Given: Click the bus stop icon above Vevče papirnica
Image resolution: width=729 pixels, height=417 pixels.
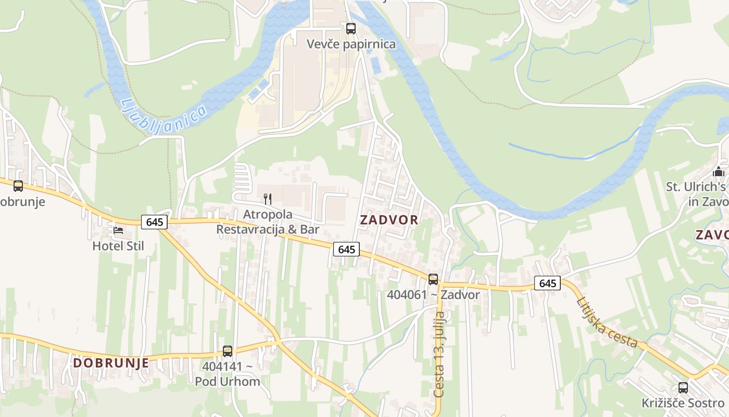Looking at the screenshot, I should [x=351, y=29].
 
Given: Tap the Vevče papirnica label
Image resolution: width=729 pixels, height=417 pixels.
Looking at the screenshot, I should [x=351, y=44].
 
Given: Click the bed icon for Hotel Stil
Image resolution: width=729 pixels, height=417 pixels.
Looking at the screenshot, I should [x=118, y=230].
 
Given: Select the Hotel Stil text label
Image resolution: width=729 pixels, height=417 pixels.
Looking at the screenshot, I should [x=118, y=246].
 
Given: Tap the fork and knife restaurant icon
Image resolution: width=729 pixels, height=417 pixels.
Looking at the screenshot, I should [x=268, y=199].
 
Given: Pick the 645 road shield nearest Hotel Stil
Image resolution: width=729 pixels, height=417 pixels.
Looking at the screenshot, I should [x=155, y=222].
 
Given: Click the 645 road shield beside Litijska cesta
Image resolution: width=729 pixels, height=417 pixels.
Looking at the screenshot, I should [x=547, y=283].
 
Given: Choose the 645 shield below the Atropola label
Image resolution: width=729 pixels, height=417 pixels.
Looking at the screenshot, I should [x=346, y=249].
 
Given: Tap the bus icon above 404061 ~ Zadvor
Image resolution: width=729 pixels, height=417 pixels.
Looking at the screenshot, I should [x=433, y=279].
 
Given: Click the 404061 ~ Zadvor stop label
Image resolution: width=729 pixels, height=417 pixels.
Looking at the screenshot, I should [x=433, y=295].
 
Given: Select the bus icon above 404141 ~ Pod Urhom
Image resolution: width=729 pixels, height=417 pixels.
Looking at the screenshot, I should [x=228, y=351].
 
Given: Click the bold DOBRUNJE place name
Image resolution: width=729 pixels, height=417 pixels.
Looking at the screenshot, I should [x=111, y=363].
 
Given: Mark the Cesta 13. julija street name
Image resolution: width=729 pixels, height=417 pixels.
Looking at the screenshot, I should [x=439, y=354].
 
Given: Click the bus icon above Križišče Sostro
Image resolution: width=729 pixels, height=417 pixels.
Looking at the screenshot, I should [x=683, y=388].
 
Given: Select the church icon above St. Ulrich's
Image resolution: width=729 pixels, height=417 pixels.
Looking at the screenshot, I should [x=719, y=171].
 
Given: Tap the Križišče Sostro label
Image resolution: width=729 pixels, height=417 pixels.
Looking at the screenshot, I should [x=683, y=403].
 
